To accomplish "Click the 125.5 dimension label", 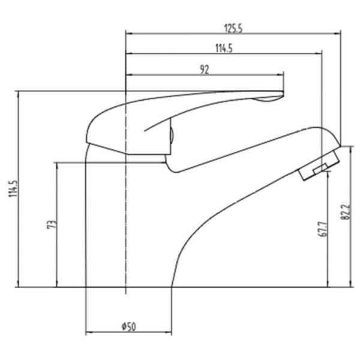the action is tap(233, 28).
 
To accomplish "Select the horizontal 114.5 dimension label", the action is tap(224, 49).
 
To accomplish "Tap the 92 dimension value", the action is tap(205, 70).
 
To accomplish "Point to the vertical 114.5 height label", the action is tap(13, 188).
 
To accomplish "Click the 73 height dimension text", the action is tap(52, 224).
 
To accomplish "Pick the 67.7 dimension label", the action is tap(322, 229).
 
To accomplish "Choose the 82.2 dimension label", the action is tap(346, 212).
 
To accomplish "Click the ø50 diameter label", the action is tap(129, 326).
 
